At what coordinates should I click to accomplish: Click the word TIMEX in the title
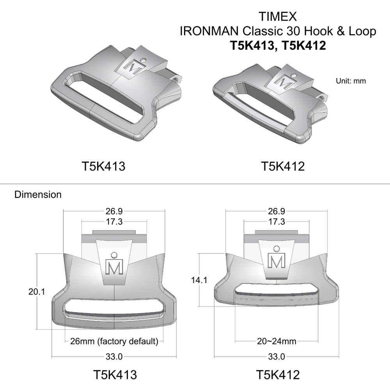278,17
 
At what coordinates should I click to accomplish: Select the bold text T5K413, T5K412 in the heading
278,46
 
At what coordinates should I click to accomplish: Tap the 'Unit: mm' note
351,81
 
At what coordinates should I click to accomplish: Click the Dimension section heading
38,194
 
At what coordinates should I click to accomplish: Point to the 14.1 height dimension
199,280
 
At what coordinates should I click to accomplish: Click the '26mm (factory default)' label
114,341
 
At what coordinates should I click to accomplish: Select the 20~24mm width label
277,341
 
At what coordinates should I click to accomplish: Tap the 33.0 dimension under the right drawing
277,356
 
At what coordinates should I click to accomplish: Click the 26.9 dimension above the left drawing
114,211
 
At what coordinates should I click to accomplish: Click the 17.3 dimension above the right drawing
277,222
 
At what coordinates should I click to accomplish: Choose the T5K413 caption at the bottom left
115,375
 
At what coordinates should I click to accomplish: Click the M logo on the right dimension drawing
277,261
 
